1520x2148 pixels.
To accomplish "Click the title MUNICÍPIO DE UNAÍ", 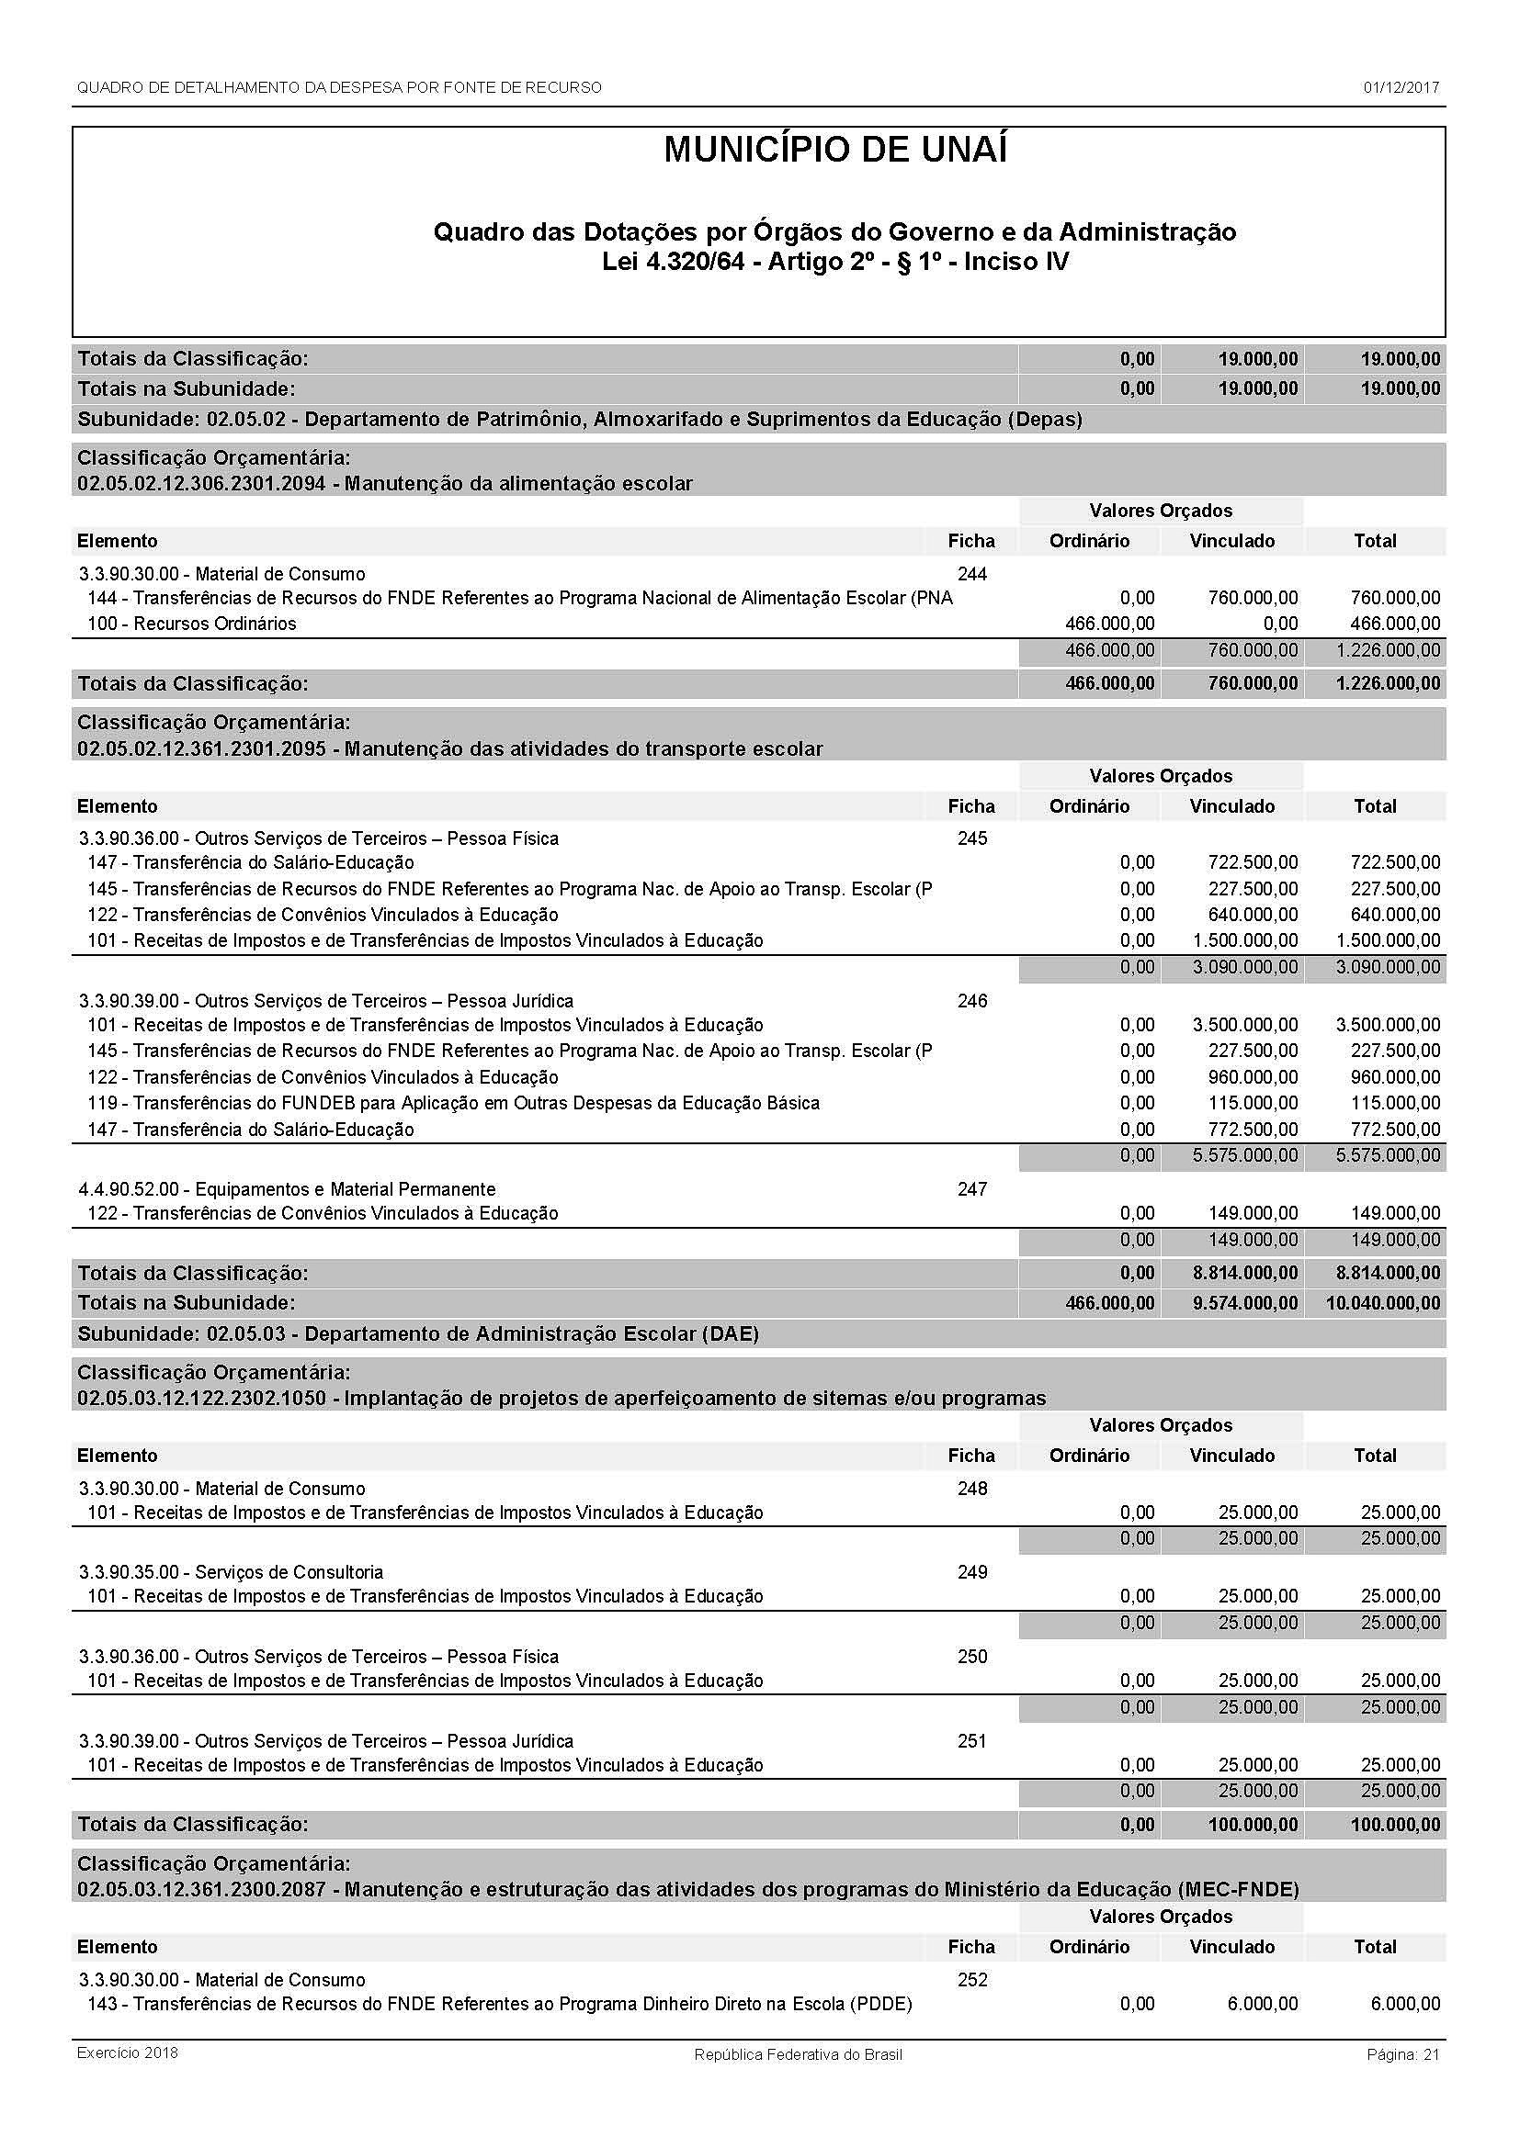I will pos(834,151).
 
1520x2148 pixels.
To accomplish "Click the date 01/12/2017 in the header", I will pos(1401,88).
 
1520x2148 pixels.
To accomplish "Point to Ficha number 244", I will pos(972,573).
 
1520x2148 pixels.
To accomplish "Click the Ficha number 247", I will pos(972,1189).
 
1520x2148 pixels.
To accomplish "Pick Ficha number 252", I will pos(972,1980).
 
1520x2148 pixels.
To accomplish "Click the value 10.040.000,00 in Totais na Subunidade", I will pos(1383,1302).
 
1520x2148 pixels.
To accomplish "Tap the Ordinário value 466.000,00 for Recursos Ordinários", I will pos(1110,623).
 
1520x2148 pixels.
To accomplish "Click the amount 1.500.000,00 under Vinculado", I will pos(1245,940).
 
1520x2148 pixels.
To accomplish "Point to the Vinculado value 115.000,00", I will pos(1253,1103).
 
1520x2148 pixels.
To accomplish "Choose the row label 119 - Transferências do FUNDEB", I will pos(454,1103).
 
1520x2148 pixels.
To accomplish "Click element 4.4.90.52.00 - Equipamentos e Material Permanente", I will pos(288,1189).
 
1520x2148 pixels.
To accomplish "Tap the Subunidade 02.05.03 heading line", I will pos(418,1333).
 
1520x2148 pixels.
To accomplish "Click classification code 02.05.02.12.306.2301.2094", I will pos(201,484).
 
